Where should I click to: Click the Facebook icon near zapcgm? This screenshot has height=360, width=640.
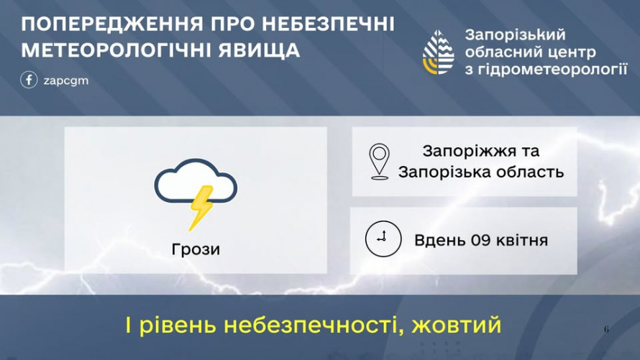pyautogui.click(x=29, y=80)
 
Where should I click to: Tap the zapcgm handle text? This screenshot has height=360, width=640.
pyautogui.click(x=66, y=80)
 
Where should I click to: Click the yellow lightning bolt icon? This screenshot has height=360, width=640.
pyautogui.click(x=201, y=208)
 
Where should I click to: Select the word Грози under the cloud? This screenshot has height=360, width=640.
pyautogui.click(x=196, y=250)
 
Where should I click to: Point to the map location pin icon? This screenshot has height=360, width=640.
pyautogui.click(x=379, y=162)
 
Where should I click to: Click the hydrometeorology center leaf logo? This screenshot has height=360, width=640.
pyautogui.click(x=438, y=52)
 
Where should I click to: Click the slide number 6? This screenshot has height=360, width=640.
pyautogui.click(x=606, y=330)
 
